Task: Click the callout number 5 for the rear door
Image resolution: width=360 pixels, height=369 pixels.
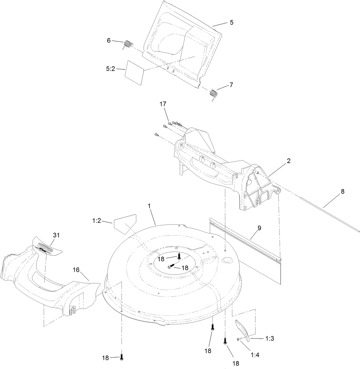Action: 232,22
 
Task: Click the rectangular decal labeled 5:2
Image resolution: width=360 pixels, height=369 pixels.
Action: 134,72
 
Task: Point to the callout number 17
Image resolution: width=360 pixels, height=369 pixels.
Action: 163,104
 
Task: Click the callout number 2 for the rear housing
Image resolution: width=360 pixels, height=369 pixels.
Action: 289,161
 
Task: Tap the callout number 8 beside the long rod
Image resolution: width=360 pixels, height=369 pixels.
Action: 342,192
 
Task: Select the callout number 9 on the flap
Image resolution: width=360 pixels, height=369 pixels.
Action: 259,228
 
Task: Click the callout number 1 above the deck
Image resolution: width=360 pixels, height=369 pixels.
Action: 149,206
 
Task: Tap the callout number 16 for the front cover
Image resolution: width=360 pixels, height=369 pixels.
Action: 76,270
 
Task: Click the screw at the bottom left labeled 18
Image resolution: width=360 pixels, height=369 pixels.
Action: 122,357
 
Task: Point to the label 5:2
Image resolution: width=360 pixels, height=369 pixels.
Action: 110,69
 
